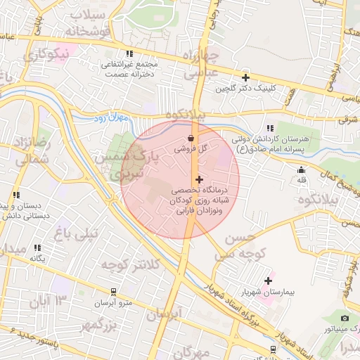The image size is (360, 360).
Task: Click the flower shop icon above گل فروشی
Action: (192, 139)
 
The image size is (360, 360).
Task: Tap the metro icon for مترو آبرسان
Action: (113, 291)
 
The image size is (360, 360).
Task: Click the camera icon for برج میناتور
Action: (345, 318)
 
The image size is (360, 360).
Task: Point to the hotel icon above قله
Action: (302, 169)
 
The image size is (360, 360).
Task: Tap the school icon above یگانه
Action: (37, 247)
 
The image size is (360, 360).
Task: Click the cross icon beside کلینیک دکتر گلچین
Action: (245, 77)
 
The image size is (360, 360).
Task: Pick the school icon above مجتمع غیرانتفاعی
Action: (129, 53)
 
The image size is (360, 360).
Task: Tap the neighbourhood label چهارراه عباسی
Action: (200, 64)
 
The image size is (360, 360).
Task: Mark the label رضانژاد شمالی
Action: (28, 151)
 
